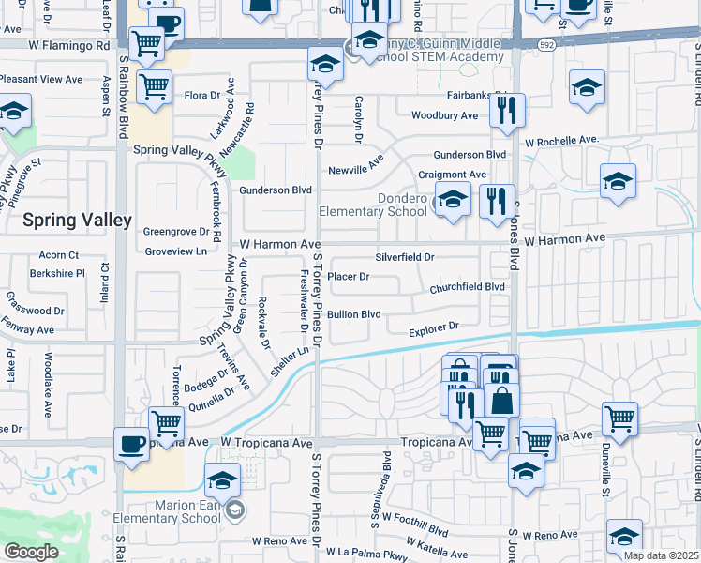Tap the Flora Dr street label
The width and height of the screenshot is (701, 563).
tap(201, 95)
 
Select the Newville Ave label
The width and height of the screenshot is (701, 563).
tap(356, 170)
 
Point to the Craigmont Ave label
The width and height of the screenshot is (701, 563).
tap(452, 175)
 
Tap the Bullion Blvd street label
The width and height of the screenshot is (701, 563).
tap(353, 314)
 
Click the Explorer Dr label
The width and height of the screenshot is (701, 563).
tap(432, 329)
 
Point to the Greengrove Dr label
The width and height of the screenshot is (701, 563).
tap(175, 231)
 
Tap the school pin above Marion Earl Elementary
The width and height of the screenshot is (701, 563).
tap(222, 479)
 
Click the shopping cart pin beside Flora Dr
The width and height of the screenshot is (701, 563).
tap(154, 86)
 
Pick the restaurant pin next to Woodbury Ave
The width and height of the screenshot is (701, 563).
tap(507, 109)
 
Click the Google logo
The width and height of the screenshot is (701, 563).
tap(32, 552)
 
